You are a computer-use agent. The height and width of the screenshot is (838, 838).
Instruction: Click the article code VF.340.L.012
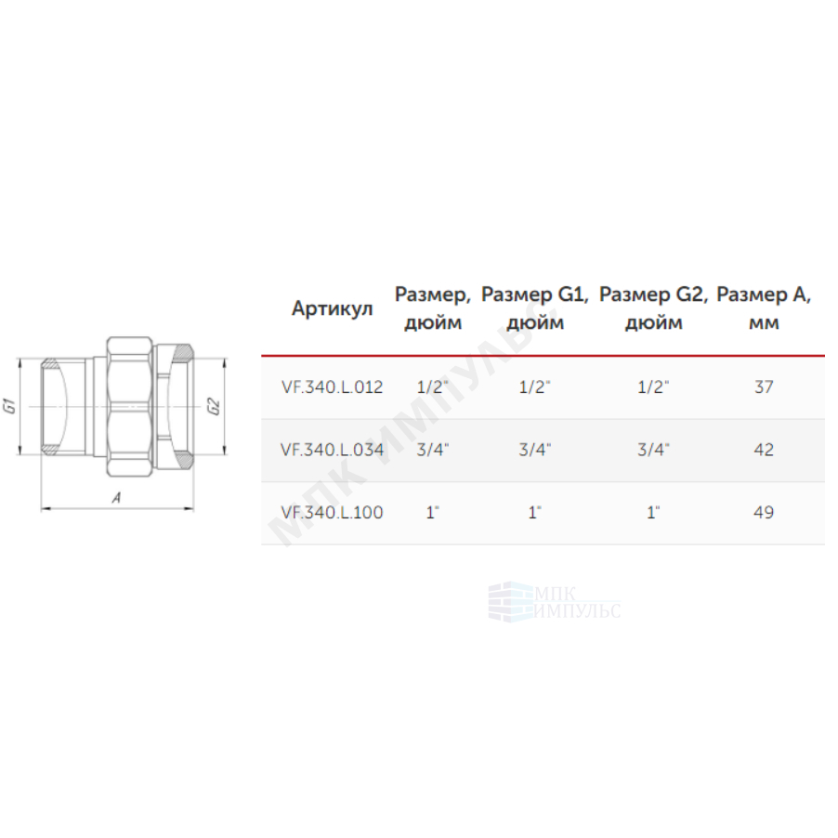(332, 386)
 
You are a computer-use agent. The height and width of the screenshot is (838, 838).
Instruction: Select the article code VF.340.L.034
(332, 450)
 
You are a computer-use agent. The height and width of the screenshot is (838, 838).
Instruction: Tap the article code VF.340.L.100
(332, 513)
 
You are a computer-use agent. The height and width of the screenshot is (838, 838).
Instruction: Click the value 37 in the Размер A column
(764, 386)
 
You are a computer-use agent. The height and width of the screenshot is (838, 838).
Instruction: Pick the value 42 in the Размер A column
(764, 450)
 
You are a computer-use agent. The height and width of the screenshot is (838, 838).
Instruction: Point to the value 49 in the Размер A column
(764, 513)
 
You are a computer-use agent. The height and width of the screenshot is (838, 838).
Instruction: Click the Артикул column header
(332, 308)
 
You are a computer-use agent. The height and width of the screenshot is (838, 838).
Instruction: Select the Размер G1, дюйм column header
(535, 308)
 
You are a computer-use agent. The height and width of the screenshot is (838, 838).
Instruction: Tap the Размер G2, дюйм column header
(653, 308)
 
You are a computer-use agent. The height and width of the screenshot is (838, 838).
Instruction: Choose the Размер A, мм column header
(764, 308)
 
